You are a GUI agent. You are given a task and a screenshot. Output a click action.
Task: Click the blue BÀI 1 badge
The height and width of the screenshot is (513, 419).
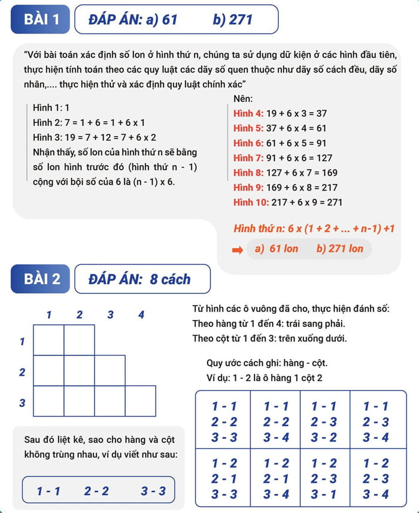click(41, 20)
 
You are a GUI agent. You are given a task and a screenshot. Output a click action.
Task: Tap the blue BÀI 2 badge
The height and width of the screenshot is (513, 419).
click(41, 279)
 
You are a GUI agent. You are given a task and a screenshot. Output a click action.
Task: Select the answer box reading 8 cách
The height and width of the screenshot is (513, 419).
click(142, 279)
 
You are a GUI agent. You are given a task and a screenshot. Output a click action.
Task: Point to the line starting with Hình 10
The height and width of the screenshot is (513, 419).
click(288, 202)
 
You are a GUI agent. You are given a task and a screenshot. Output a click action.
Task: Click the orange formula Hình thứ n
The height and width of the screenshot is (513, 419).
click(314, 228)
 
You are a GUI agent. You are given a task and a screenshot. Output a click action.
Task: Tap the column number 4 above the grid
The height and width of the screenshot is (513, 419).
click(141, 314)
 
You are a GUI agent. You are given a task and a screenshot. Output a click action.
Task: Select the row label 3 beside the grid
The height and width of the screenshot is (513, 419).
click(22, 403)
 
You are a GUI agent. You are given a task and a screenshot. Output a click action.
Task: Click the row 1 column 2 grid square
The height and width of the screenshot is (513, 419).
click(79, 340)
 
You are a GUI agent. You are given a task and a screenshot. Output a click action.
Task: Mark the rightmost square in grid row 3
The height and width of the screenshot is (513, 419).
click(141, 401)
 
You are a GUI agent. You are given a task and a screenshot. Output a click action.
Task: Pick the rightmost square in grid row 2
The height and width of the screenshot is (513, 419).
click(110, 370)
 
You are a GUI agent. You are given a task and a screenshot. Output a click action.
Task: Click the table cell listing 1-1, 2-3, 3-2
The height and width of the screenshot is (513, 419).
click(324, 421)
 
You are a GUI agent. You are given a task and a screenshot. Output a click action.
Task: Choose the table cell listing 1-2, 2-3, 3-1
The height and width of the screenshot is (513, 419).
click(324, 478)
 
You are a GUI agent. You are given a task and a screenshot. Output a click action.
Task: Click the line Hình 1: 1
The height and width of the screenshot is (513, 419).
click(51, 108)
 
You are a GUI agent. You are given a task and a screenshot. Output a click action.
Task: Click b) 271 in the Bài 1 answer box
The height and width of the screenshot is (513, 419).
click(233, 20)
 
